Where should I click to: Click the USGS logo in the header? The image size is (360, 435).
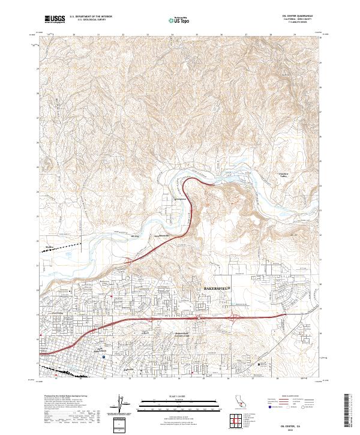55,19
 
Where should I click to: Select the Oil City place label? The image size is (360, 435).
135,237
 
